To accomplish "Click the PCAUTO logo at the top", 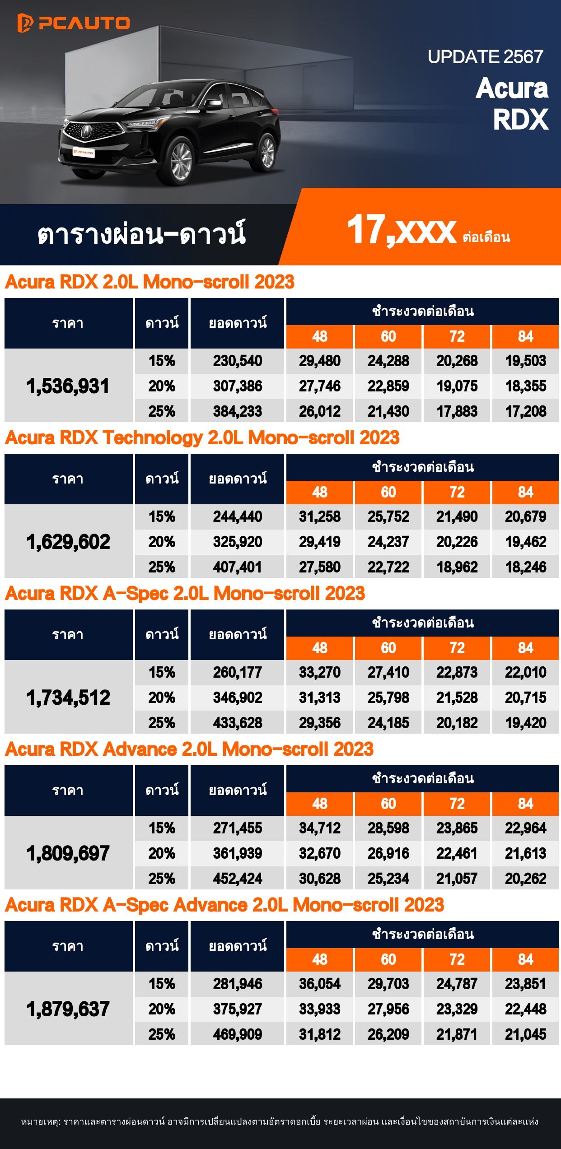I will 74,23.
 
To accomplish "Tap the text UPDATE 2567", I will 485,57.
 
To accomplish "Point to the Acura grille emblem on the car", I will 86,131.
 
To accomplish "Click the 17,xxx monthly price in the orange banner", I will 402,230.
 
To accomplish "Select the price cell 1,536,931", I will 68,386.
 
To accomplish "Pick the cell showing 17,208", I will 525,411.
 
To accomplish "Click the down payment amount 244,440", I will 238,516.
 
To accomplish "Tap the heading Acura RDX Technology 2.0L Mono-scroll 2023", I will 202,437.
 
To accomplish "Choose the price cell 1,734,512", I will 68,698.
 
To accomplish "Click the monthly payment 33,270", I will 320,672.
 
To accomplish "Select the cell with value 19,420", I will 525,723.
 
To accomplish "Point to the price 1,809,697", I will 68,853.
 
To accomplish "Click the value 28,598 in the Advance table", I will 388,828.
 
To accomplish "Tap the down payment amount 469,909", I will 238,1034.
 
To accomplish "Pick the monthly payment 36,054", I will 320,984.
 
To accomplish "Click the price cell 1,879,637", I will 68,1009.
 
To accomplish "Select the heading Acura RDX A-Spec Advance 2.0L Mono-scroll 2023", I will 224,905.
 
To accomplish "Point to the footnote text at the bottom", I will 280,1122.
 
